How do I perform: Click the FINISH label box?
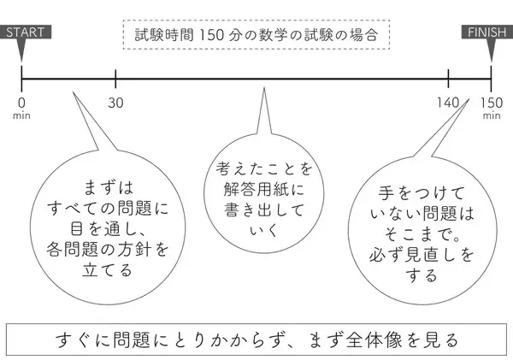click(x=488, y=32)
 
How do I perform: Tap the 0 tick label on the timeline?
click(x=22, y=103)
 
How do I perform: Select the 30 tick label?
click(x=116, y=103)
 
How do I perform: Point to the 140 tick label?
click(x=449, y=103)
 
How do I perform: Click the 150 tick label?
click(x=491, y=103)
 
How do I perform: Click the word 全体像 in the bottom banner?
click(x=375, y=337)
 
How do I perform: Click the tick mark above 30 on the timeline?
click(x=115, y=80)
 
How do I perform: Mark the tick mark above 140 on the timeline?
click(x=449, y=80)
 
